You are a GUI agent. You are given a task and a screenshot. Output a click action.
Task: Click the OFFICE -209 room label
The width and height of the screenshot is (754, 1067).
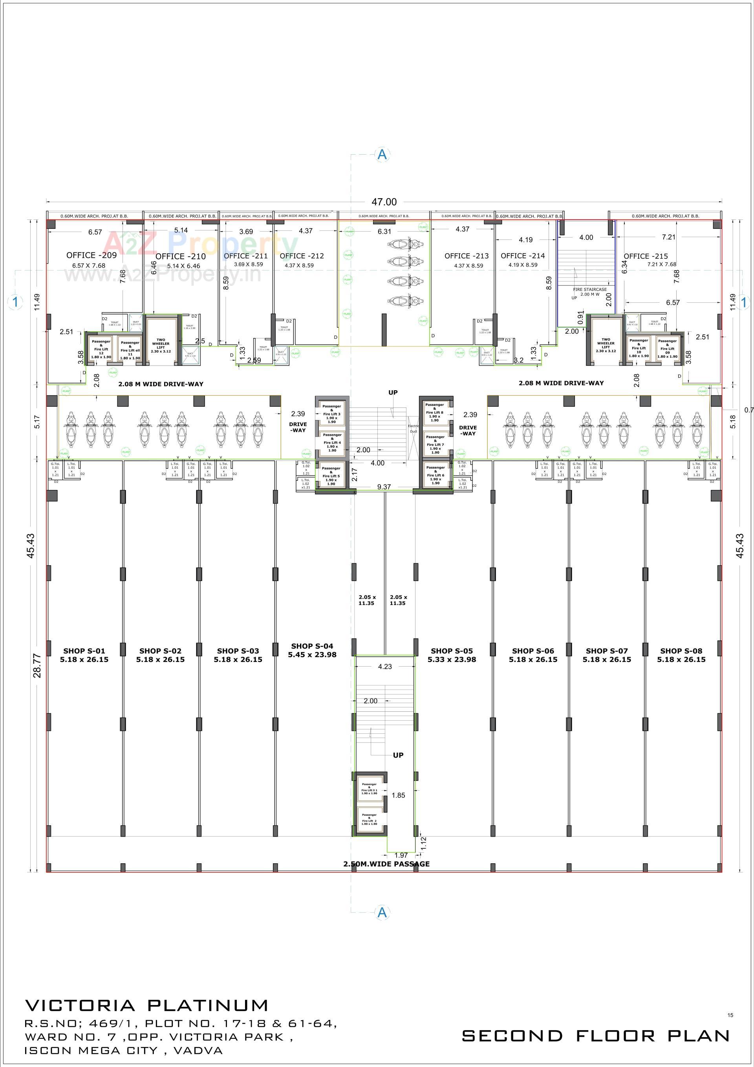pos(92,255)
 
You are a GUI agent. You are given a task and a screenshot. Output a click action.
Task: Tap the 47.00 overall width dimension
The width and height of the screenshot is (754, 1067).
pos(384,202)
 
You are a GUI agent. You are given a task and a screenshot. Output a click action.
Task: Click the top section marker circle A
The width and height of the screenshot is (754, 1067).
pos(382,155)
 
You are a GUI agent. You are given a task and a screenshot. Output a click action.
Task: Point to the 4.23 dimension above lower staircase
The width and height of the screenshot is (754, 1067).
pos(385,667)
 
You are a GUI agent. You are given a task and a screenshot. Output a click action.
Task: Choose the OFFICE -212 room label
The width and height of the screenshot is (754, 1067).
pos(302,256)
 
